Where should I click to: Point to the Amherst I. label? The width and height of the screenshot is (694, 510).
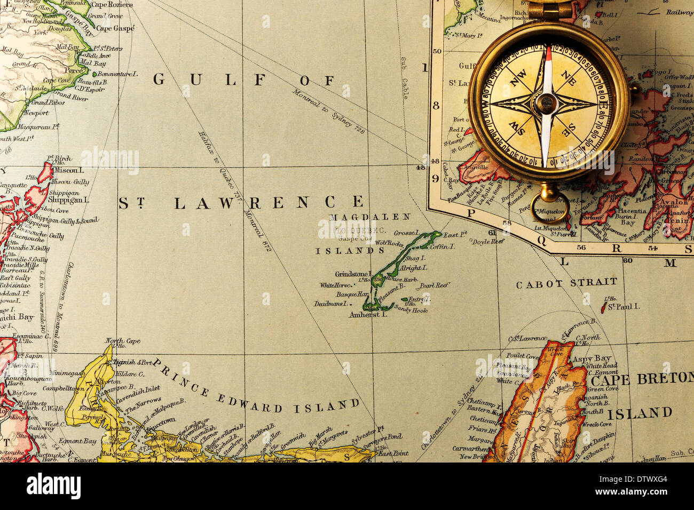(367, 315)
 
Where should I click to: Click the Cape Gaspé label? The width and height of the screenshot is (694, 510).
(115, 28)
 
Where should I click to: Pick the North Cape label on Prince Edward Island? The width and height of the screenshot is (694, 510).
(122, 340)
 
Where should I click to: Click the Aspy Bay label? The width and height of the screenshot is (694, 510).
(591, 358)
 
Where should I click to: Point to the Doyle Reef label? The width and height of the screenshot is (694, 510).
(487, 242)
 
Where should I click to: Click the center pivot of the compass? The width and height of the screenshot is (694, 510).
(547, 103)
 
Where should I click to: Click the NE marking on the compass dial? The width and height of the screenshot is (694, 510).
(569, 79)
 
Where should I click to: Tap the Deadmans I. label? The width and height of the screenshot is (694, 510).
(331, 304)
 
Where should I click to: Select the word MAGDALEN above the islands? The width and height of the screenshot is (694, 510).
(370, 217)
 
